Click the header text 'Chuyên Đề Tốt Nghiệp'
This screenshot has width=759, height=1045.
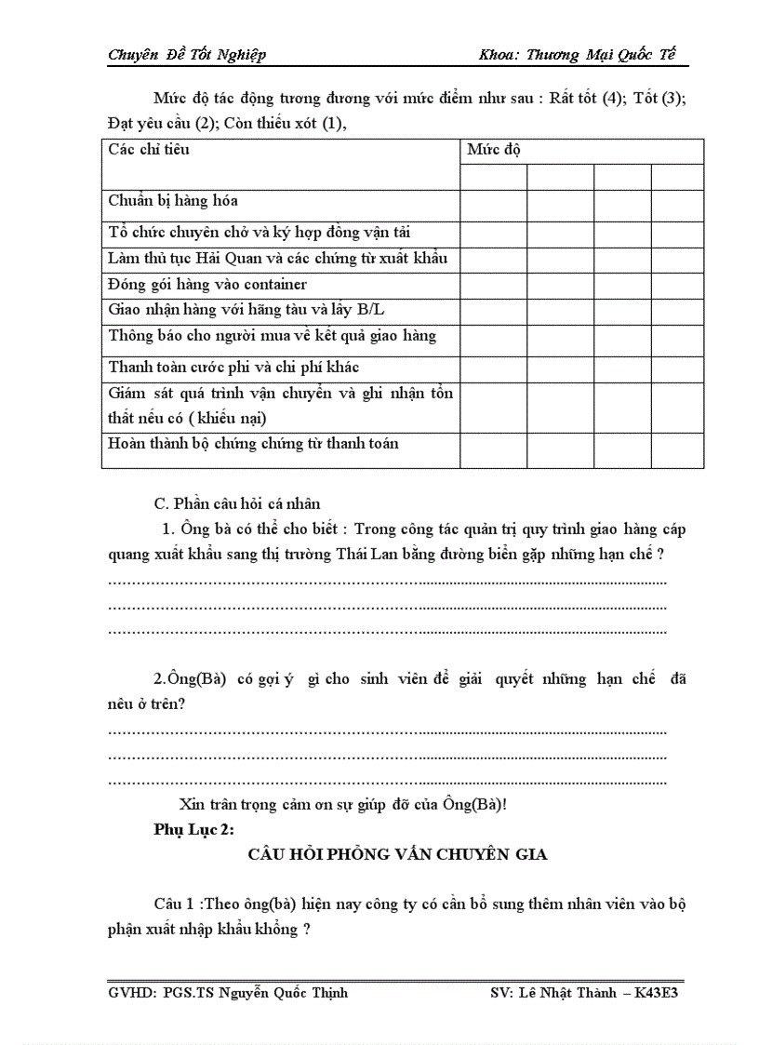coord(187,55)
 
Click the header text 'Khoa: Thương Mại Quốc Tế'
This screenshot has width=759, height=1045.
coord(577,55)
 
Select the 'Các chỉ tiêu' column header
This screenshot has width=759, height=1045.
coord(149,149)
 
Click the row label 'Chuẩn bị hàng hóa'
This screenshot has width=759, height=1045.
coord(173,201)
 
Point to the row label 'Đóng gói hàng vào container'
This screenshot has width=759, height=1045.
coord(207,285)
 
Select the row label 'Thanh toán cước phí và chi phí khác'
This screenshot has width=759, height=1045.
coord(233,368)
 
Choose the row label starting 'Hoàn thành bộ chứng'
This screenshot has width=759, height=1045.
coord(253,444)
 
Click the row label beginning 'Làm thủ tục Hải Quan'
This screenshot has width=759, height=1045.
coord(278,258)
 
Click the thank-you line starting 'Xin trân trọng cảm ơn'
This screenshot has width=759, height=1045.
coord(342,805)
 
